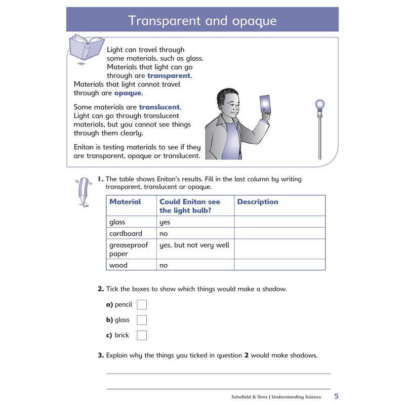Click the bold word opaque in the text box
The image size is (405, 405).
coord(128,93)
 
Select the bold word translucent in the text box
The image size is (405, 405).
coord(159,107)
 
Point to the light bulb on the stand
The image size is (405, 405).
coord(319,106)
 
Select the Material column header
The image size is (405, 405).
coord(125,201)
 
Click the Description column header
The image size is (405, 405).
coord(258,201)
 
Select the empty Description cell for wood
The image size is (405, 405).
coord(279,265)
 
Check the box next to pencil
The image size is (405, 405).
coord(142,305)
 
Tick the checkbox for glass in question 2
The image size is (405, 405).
coord(142,320)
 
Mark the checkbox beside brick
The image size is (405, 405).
coord(142,335)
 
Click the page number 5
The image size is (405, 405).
coord(336,396)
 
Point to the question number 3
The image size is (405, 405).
coord(100,355)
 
